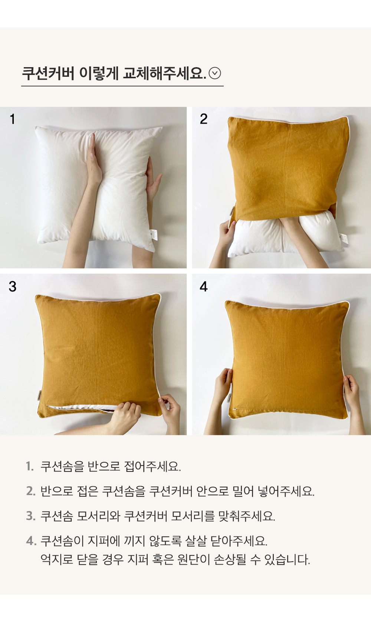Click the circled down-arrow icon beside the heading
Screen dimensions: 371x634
coord(214,73)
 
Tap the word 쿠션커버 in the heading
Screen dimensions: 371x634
coord(48,73)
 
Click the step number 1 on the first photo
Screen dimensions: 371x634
coord(13,119)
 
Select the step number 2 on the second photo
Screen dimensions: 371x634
coord(203,119)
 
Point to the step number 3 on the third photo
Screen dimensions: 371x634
coord(13,286)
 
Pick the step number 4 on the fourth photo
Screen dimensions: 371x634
coord(203,286)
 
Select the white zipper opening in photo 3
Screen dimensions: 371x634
coord(82,408)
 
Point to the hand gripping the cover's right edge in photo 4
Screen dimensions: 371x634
coord(352,392)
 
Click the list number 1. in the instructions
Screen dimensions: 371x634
coord(30,466)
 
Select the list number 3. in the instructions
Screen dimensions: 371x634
coord(30,516)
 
